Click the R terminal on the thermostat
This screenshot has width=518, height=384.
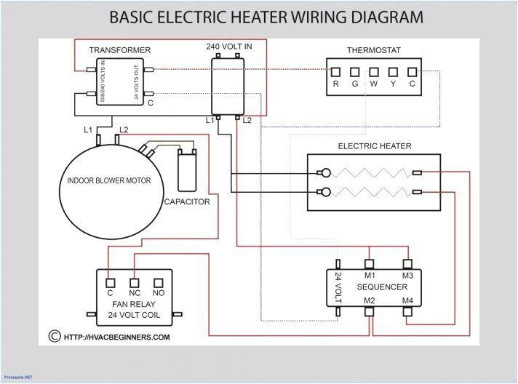tap(336, 73)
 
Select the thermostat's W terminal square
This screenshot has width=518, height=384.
tap(374, 73)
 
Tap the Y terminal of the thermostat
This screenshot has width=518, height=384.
tap(393, 73)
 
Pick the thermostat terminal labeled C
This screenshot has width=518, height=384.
tap(412, 73)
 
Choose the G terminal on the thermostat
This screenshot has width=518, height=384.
tap(355, 73)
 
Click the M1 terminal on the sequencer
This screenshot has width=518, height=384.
tap(370, 263)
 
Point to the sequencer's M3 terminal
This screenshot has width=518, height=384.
tap(407, 263)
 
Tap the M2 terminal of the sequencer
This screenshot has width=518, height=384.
tap(370, 311)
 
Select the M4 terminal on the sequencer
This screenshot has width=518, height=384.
tap(407, 311)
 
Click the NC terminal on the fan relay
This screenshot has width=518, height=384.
tap(135, 282)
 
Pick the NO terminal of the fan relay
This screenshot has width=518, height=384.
tap(158, 282)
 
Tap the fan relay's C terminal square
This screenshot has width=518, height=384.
tap(111, 282)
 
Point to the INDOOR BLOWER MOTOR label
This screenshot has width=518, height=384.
tap(109, 180)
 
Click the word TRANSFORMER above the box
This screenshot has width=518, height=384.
tap(120, 50)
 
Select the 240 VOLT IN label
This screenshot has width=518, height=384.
tap(228, 47)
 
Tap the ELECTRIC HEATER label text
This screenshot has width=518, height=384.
tap(374, 145)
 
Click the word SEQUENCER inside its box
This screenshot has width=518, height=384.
tap(382, 287)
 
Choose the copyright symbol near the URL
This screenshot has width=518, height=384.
tap(53, 337)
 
